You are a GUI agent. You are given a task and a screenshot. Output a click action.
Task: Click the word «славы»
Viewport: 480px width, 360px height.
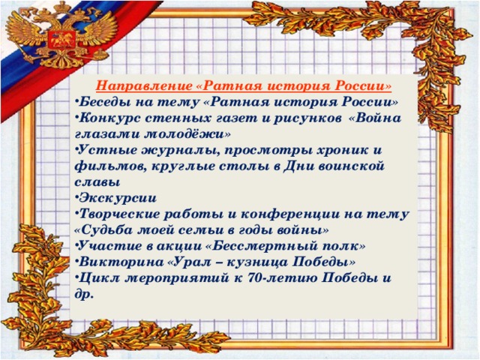(x=97, y=182)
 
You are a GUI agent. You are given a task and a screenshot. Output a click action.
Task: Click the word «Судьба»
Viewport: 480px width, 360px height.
(x=105, y=229)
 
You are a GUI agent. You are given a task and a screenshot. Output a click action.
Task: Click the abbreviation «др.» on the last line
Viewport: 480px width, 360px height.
(x=83, y=295)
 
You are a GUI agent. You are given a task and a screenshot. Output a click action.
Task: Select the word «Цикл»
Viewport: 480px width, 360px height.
(x=99, y=278)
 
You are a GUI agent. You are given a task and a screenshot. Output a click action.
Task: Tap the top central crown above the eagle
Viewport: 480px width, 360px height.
(x=61, y=7)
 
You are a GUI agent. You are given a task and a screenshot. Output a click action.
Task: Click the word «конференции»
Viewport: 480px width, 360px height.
(x=290, y=214)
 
